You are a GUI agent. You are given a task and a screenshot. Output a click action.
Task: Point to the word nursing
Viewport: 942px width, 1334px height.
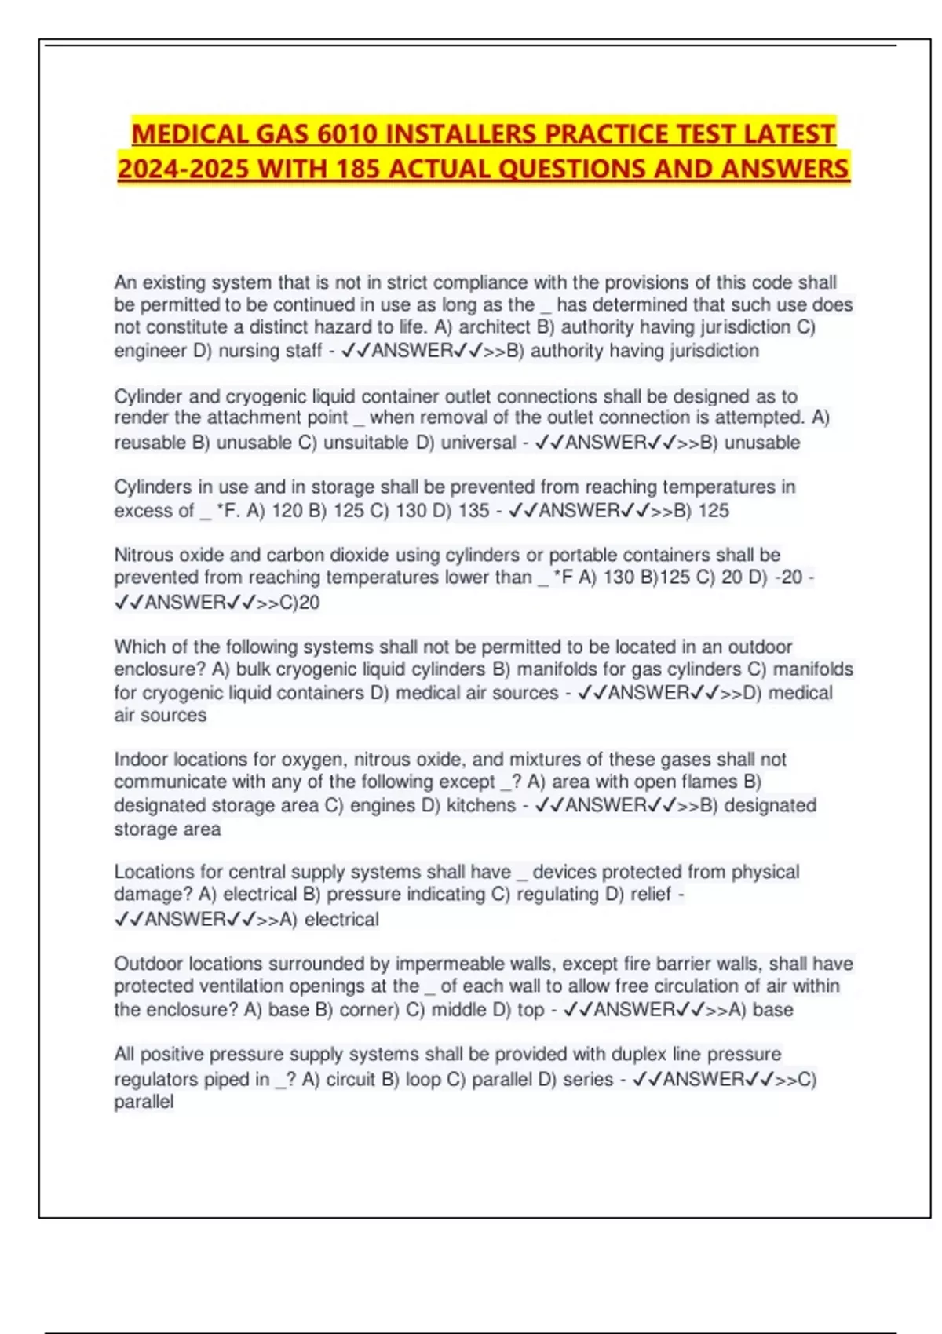pos(246,351)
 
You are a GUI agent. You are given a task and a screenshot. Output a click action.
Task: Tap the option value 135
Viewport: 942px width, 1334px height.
pos(473,511)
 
